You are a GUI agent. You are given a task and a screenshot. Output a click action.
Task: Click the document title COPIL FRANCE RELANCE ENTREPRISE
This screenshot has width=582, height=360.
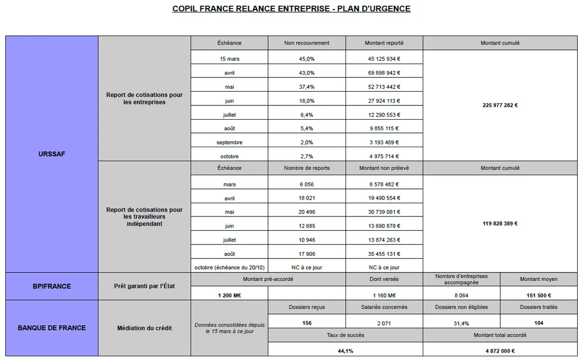click(291, 8)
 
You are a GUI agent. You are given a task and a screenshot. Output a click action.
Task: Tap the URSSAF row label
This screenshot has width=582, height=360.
click(52, 154)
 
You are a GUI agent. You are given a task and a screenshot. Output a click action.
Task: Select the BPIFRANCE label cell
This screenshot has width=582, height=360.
click(52, 286)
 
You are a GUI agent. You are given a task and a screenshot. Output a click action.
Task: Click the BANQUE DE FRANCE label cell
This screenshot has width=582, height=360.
click(52, 328)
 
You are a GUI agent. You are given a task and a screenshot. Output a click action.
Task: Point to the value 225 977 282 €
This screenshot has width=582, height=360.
click(500, 105)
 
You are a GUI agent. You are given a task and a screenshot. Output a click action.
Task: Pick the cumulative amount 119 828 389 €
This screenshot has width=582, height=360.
click(500, 223)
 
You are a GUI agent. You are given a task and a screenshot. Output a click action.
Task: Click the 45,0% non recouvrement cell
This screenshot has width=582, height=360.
click(307, 59)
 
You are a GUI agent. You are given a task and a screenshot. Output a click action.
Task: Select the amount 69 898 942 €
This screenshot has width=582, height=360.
click(384, 73)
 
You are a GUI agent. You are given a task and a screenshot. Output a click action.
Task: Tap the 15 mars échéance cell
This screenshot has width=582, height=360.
click(229, 59)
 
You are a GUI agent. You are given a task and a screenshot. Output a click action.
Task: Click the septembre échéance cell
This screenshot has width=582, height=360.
click(229, 142)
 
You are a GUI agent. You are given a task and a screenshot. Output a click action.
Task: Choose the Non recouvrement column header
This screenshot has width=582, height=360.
click(307, 43)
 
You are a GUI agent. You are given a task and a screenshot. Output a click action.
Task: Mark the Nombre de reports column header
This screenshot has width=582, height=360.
click(307, 168)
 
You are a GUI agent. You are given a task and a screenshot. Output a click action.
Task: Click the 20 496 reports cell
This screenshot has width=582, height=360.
click(307, 212)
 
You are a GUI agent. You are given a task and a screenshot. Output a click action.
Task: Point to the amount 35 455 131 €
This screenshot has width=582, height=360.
click(384, 254)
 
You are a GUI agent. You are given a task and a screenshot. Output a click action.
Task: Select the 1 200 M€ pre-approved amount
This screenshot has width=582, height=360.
click(229, 295)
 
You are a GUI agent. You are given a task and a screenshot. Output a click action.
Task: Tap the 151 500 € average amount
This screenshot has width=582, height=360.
click(539, 295)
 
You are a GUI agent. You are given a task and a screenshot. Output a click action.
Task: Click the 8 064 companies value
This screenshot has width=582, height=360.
click(461, 295)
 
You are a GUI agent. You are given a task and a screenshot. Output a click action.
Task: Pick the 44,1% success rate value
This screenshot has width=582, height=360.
click(345, 350)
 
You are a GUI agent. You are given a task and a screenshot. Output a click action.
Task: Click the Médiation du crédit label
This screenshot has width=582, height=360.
click(144, 328)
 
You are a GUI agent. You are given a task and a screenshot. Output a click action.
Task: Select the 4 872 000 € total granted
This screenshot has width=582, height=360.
click(500, 350)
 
